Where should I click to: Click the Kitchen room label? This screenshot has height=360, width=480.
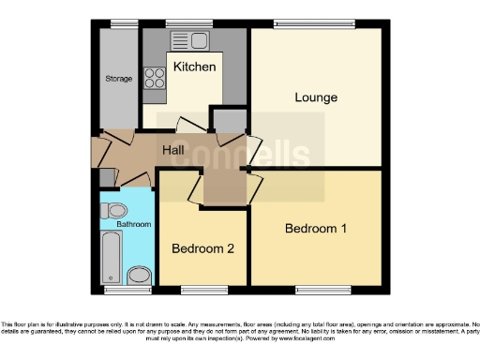point(195,67)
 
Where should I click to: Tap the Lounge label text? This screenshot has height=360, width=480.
point(316,97)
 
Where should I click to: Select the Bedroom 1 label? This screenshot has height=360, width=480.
point(316,229)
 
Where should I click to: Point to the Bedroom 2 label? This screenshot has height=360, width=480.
point(202,248)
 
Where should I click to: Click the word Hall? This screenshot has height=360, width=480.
point(173,150)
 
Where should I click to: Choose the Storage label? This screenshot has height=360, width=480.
point(118,79)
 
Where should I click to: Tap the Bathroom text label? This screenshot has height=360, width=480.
point(133,225)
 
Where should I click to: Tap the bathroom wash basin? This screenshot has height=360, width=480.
point(140,275)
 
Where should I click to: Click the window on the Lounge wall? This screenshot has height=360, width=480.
point(315,23)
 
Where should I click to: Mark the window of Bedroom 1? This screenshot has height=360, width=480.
point(315,289)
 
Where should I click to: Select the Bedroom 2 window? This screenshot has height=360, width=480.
point(198,289)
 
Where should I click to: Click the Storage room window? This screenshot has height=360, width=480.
point(118,23)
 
